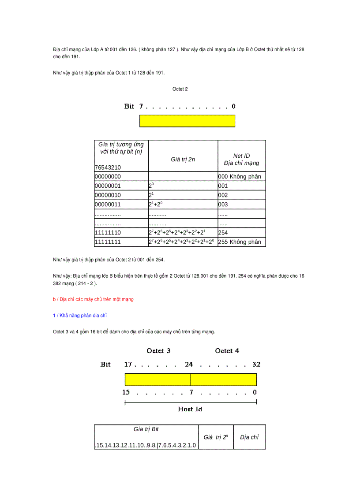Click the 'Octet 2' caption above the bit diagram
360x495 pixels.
point(180,89)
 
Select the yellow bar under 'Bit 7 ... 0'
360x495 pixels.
point(187,121)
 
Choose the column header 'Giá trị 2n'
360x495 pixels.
point(183,160)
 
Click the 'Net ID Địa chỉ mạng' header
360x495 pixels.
point(241,160)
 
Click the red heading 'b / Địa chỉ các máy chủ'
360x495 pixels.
point(93,299)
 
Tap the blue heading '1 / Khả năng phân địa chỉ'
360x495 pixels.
point(80,316)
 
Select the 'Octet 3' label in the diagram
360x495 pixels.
point(158,351)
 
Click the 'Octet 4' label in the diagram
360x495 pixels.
point(227,351)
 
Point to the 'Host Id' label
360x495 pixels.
point(190,409)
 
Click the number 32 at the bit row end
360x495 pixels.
point(256,365)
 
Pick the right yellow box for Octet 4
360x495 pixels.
point(223,380)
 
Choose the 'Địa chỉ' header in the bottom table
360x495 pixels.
point(249,437)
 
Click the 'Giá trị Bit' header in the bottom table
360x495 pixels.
point(146,429)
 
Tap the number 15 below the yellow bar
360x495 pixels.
point(126,392)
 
